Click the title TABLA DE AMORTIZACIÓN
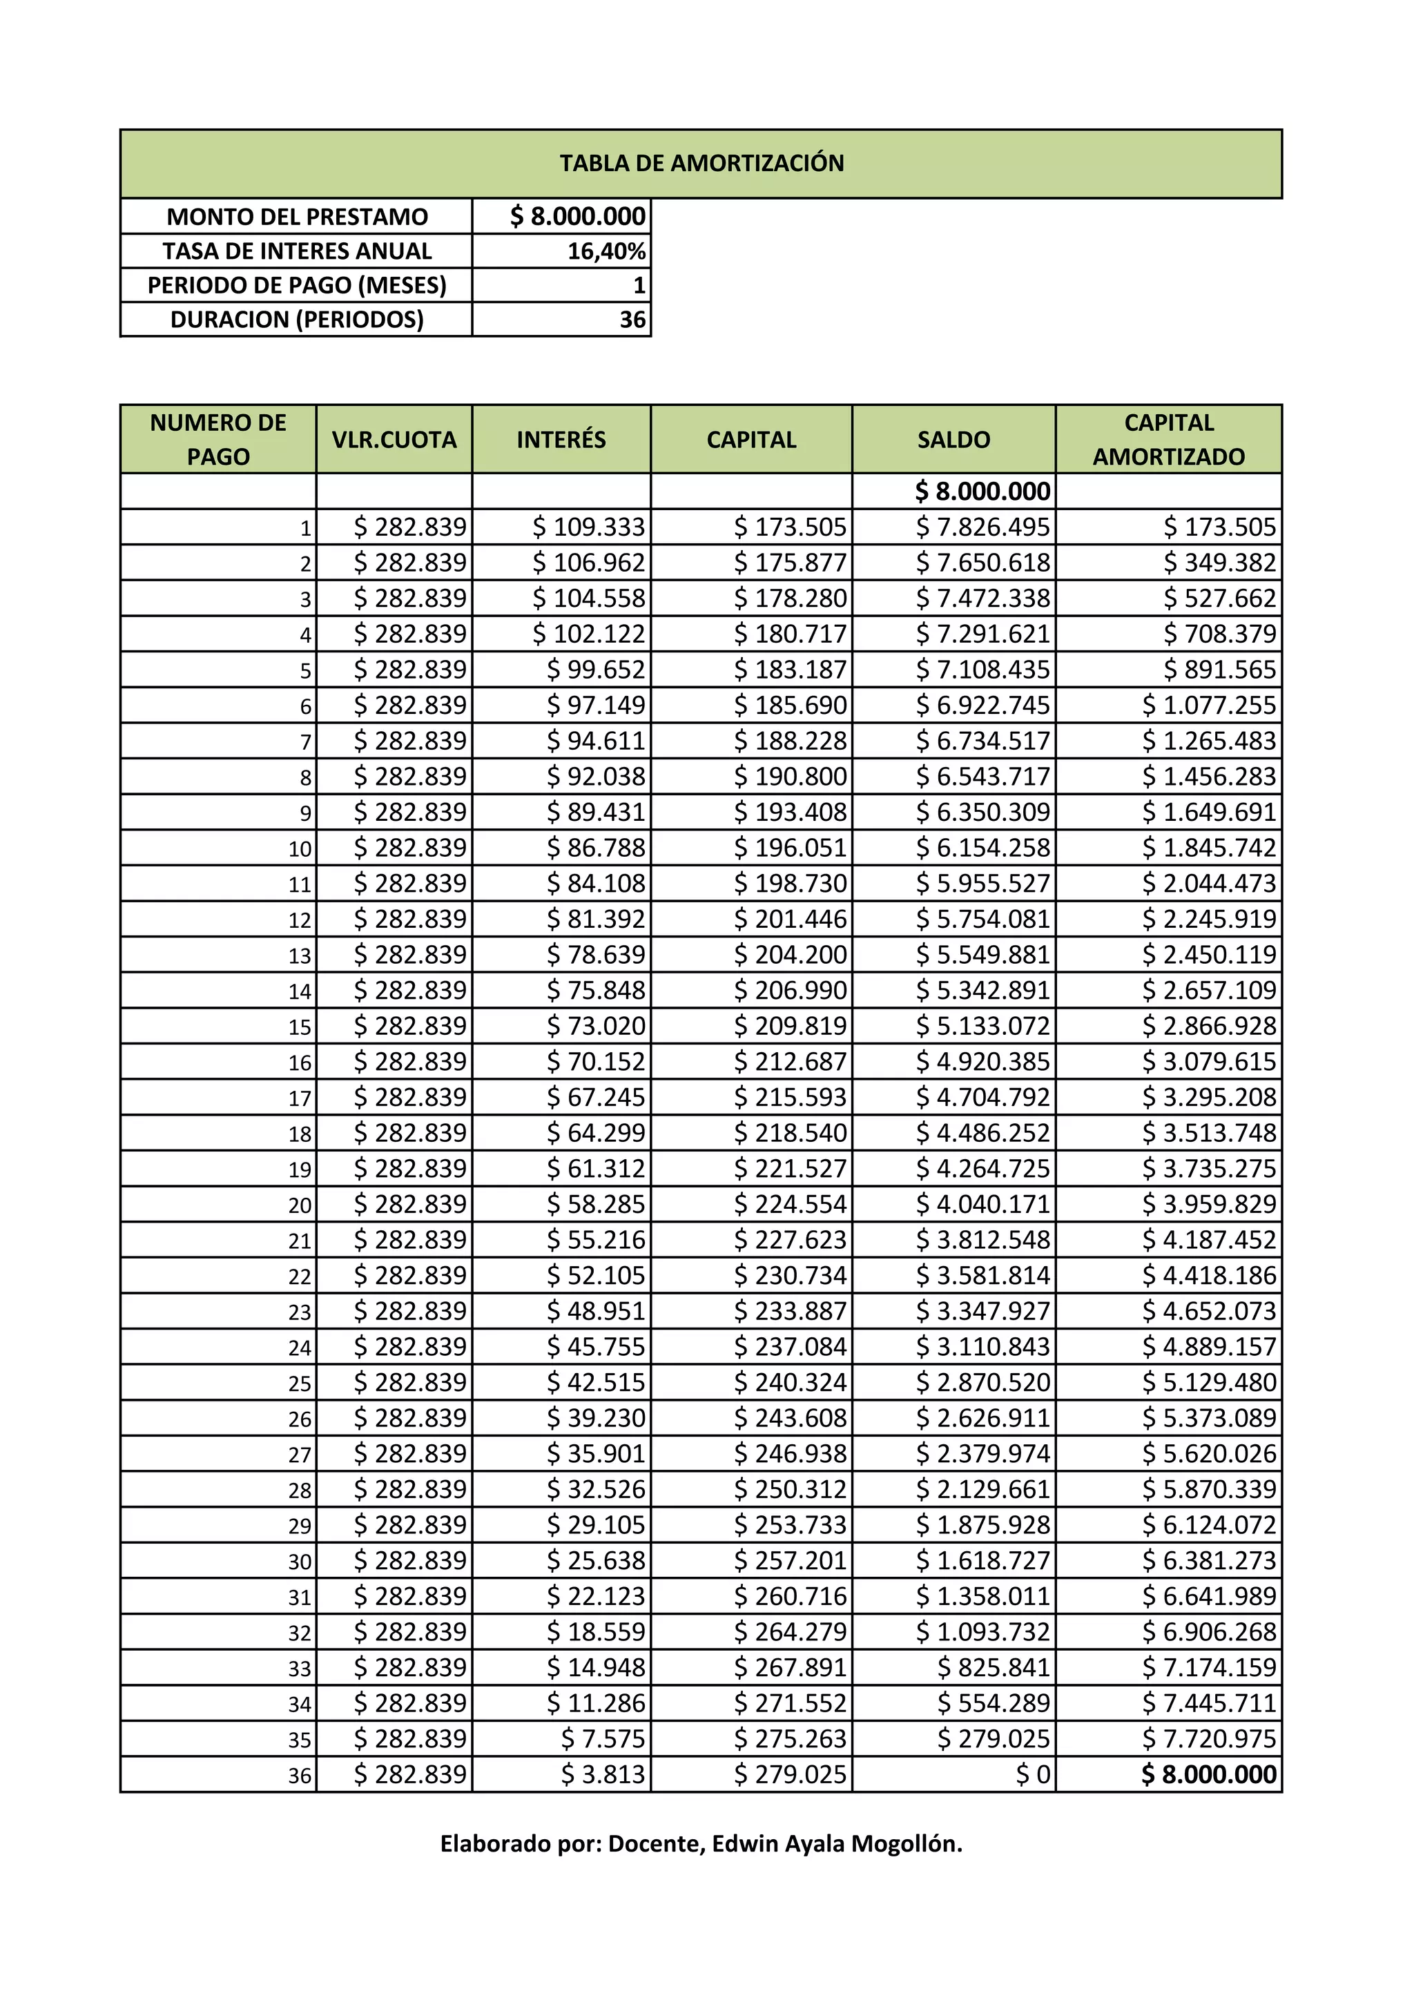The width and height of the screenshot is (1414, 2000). point(701,164)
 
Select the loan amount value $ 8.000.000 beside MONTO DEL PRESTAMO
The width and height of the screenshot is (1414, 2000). point(578,216)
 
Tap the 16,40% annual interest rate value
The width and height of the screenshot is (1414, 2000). point(606,251)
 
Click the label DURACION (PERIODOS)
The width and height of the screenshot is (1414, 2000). point(296,320)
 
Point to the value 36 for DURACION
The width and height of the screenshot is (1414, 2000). point(632,320)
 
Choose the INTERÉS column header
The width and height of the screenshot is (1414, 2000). point(561,440)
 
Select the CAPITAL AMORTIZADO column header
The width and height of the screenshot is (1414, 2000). point(1168,440)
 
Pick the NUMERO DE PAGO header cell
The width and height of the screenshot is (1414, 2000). point(217,440)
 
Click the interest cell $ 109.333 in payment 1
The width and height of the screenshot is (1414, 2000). point(589,527)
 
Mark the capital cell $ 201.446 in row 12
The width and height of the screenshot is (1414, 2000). point(791,919)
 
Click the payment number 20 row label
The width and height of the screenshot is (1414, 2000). point(300,1205)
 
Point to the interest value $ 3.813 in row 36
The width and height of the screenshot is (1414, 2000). point(603,1774)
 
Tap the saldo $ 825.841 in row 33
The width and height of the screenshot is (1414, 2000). point(994,1667)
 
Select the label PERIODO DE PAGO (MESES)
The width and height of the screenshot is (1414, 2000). point(296,286)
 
